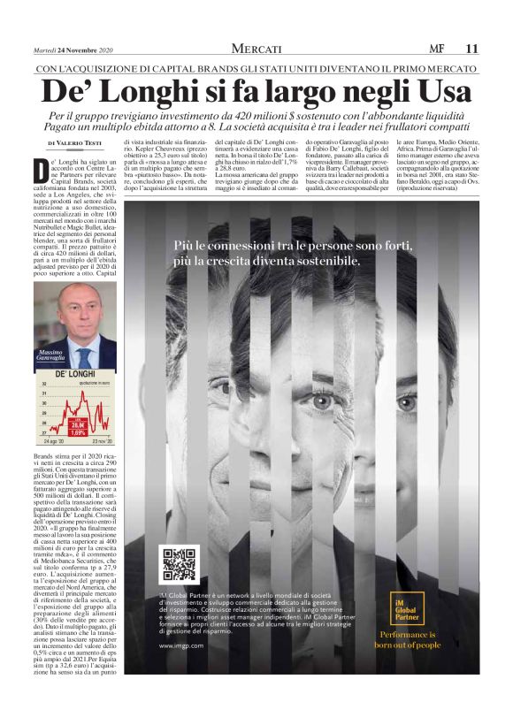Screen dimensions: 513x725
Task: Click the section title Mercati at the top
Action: coord(256,48)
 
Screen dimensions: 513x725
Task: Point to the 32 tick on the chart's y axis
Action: coord(44,385)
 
